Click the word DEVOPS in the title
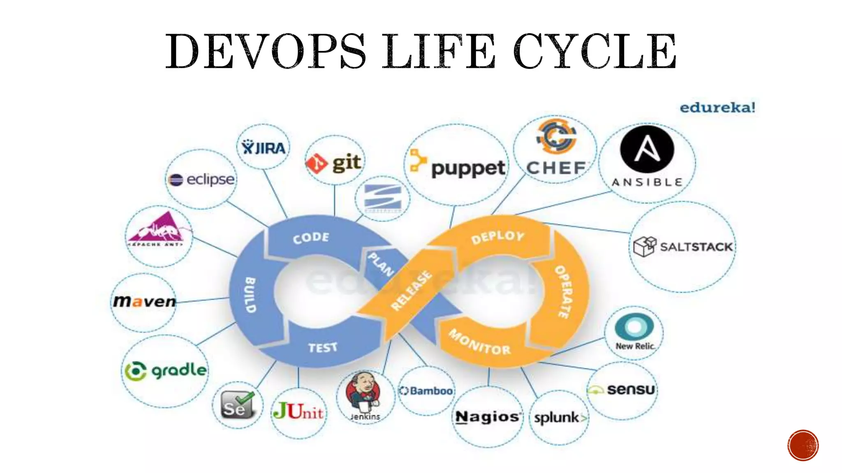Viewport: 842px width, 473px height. click(x=265, y=52)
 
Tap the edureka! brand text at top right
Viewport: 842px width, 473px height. click(x=717, y=108)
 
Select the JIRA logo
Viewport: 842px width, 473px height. click(x=264, y=148)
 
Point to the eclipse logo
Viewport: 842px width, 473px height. click(x=201, y=179)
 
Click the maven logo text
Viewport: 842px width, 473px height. click(x=144, y=301)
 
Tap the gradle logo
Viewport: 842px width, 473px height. click(x=166, y=371)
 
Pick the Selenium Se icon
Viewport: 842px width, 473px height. click(x=237, y=404)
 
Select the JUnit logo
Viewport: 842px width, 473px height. click(x=298, y=411)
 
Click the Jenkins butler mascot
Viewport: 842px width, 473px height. click(x=363, y=392)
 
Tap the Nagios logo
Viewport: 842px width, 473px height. click(x=488, y=417)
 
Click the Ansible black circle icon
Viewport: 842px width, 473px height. click(x=647, y=149)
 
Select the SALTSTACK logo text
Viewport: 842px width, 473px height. click(x=696, y=247)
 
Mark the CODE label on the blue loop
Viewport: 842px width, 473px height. click(x=311, y=238)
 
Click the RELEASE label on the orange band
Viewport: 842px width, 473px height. click(x=412, y=290)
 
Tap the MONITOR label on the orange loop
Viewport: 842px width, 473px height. click(x=479, y=342)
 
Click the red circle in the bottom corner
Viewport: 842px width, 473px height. click(x=803, y=445)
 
